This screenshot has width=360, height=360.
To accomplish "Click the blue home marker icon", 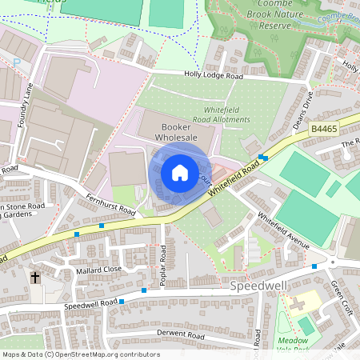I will tap(180, 172).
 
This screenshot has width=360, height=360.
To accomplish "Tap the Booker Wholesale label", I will tap(179, 131).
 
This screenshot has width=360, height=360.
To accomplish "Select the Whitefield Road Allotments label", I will tap(215, 114).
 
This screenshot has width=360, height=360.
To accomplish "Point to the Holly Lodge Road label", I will tap(214, 77).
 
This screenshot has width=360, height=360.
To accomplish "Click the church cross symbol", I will tap(35, 278).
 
